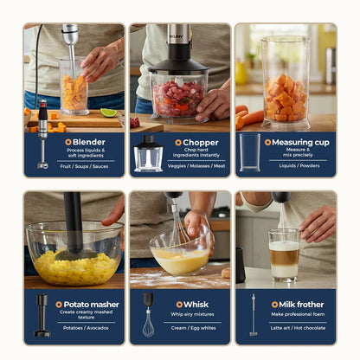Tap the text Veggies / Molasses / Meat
[x=196, y=165]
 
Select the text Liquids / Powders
[x=299, y=165]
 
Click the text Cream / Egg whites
[x=196, y=328]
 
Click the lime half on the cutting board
[x=108, y=112]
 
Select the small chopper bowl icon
[x=148, y=153]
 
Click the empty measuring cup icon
[x=250, y=152]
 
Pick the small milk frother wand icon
[x=253, y=315]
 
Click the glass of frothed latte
[x=284, y=255]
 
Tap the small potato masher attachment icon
[x=42, y=316]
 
